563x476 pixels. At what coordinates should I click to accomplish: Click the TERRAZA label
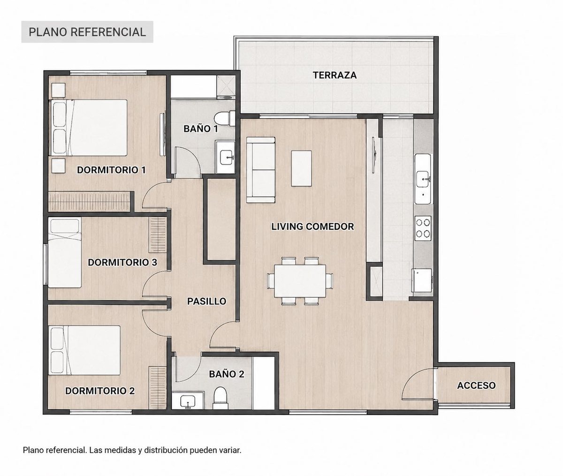point(335,75)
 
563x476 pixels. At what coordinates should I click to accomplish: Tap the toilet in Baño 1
point(224,118)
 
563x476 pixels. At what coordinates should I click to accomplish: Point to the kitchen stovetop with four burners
point(423,228)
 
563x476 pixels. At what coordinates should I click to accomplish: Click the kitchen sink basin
point(424,179)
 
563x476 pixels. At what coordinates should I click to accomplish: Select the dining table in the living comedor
point(300,281)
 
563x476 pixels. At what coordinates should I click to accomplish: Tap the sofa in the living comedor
point(260,170)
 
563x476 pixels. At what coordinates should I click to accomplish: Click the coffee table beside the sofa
point(302,168)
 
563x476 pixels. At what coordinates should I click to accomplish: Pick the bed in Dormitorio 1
point(88,128)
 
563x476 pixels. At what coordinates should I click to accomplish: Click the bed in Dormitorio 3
point(65,253)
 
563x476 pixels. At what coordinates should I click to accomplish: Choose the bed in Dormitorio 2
point(84,350)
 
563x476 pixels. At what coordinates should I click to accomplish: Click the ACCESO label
point(476,385)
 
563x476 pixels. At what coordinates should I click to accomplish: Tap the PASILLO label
point(207,301)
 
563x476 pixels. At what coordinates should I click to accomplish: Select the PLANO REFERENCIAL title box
point(87,32)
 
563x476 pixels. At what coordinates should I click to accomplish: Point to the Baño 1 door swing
point(187,162)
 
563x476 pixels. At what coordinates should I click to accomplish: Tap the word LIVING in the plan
point(287,227)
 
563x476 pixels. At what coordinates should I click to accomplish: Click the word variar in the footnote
point(230,450)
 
